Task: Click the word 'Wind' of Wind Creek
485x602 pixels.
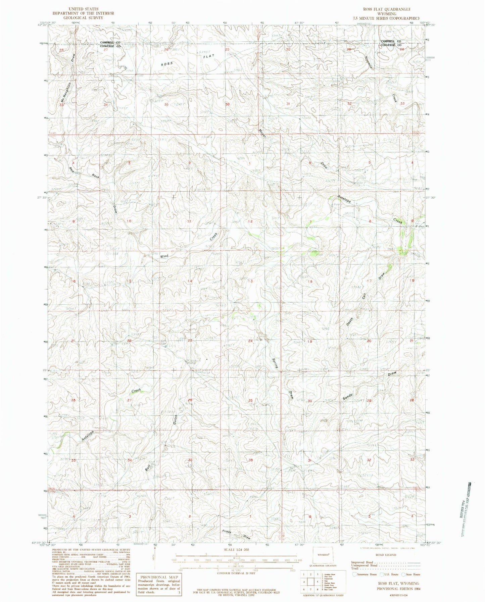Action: click(x=164, y=256)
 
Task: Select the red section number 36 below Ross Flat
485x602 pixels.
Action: click(x=228, y=104)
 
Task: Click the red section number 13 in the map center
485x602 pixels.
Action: click(x=250, y=281)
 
